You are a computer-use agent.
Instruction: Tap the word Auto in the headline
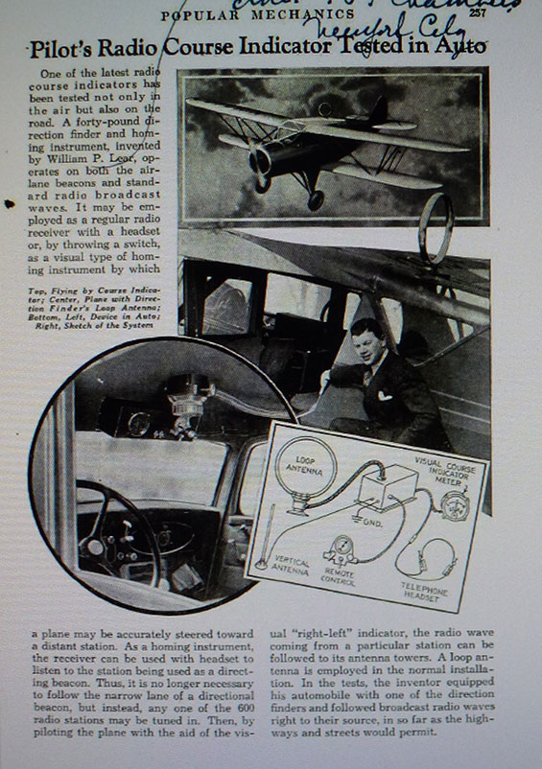[460, 46]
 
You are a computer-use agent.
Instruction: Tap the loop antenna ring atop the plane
[438, 227]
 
